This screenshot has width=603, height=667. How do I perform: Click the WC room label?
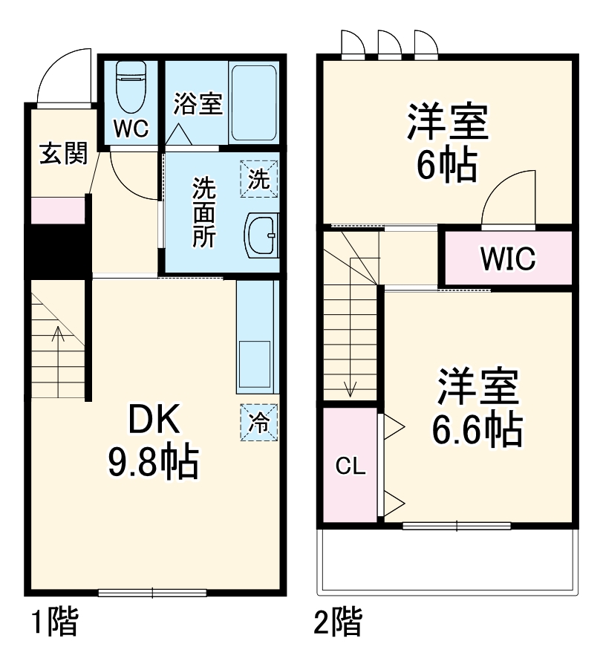(131, 128)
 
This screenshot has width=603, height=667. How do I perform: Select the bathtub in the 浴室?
(253, 103)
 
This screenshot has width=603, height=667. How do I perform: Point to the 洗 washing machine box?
(258, 179)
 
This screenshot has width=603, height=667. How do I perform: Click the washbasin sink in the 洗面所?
(261, 235)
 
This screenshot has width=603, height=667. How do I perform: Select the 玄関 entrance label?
(63, 154)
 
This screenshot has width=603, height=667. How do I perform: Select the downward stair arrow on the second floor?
(351, 371)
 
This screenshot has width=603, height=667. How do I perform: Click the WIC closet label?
(507, 258)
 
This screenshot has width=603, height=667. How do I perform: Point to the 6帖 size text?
(446, 166)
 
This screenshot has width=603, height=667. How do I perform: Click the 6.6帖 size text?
(477, 429)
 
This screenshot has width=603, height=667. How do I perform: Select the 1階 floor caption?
(53, 622)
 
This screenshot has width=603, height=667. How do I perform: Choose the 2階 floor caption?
(338, 622)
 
